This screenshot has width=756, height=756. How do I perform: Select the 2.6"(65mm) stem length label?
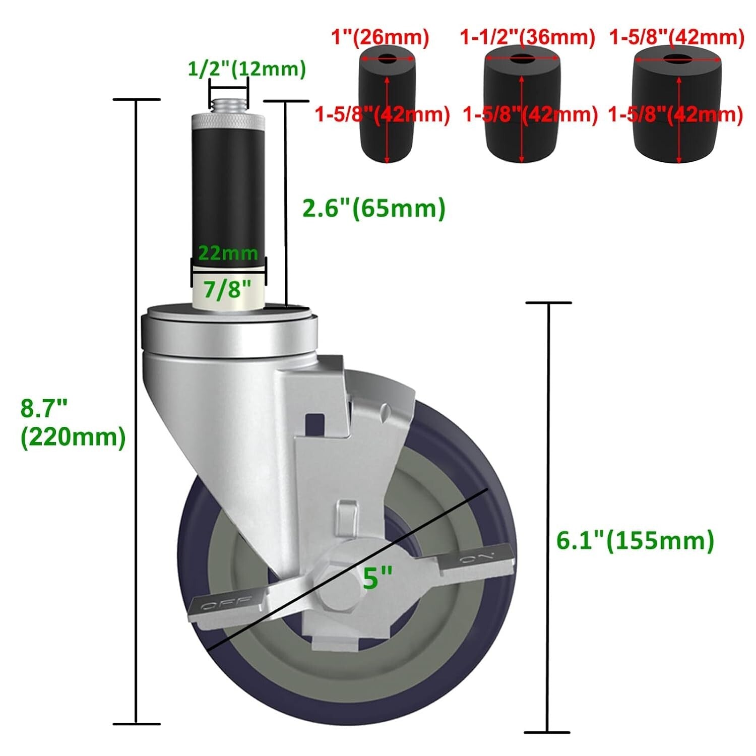tap(373, 208)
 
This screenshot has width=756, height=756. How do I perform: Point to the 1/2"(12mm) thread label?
tap(246, 69)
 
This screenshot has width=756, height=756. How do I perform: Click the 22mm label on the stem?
tap(228, 252)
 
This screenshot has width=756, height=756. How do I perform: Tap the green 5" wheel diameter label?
tap(377, 578)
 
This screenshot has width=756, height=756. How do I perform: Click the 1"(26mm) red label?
tap(380, 37)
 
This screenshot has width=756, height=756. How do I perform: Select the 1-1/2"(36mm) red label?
tap(527, 37)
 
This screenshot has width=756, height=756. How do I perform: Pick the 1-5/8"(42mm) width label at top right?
tap(676, 37)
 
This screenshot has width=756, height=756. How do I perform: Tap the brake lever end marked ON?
tap(477, 560)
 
